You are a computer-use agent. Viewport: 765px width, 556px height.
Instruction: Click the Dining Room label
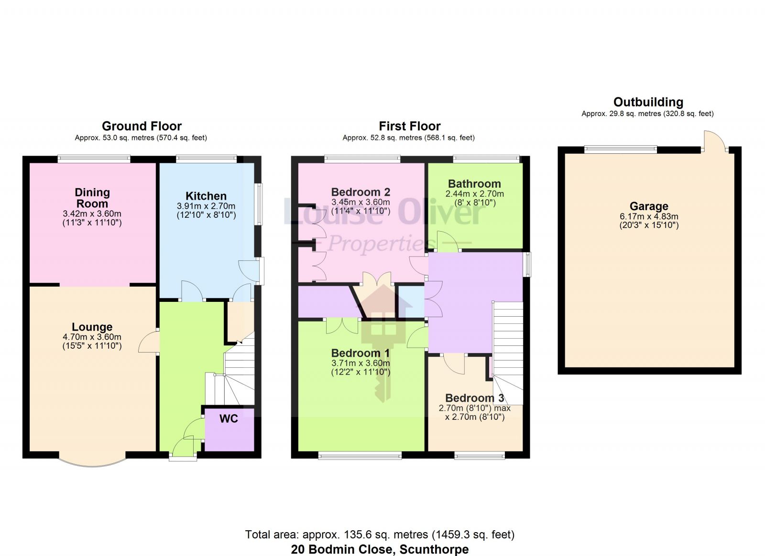coord(92,198)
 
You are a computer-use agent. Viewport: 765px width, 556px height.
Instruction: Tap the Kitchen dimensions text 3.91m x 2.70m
coord(206,206)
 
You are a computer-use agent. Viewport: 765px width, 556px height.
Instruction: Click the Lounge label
coord(92,327)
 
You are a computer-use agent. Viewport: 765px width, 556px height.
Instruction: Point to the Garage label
coord(649,206)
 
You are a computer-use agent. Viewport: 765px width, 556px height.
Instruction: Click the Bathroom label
coord(474,184)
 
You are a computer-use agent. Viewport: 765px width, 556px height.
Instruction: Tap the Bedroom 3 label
coord(474,398)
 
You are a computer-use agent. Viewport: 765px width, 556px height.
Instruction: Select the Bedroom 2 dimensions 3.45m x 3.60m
coord(361,202)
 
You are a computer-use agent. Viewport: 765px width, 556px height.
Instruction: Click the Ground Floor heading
coord(142,126)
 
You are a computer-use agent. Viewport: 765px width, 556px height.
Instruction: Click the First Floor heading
coord(409,126)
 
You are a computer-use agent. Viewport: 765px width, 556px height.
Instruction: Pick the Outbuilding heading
coord(648,102)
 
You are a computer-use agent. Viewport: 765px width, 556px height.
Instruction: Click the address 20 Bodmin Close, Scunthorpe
coord(380,549)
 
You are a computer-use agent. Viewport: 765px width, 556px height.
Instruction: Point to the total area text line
coord(380,535)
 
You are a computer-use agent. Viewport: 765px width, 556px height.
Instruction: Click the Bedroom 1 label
coord(360,353)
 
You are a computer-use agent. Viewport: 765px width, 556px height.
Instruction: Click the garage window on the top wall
coord(620,150)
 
